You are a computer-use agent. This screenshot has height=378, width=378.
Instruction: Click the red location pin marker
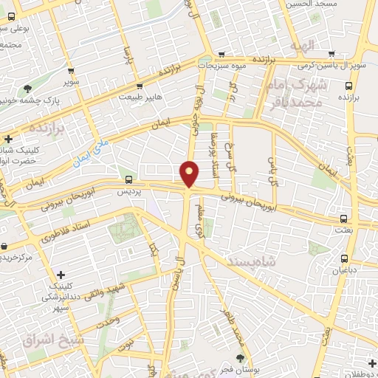click(x=190, y=173)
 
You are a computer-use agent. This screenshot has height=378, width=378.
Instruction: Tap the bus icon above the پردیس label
click(x=129, y=179)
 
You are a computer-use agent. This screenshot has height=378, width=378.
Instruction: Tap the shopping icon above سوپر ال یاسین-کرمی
click(x=332, y=54)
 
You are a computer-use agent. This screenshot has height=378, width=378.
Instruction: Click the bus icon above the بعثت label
click(x=344, y=218)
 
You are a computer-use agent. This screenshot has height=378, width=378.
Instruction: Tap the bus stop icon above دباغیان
click(x=345, y=258)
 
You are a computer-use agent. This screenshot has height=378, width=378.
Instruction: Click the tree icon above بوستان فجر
click(x=238, y=359)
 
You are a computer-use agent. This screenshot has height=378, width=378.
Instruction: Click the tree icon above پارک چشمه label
click(x=27, y=88)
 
